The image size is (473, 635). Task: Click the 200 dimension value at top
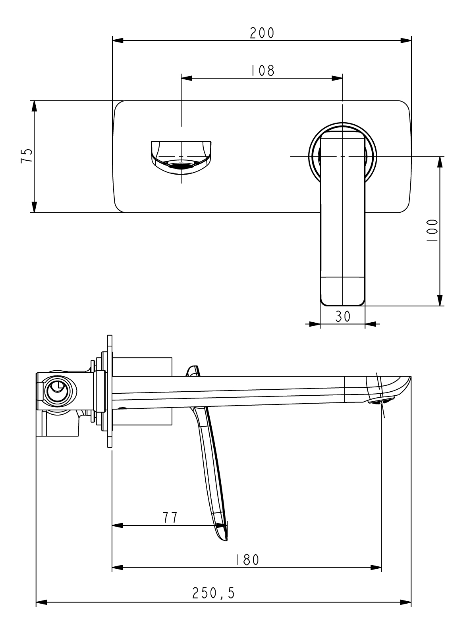[262, 33]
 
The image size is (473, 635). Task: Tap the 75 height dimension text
[26, 156]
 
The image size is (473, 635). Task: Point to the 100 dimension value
[432, 231]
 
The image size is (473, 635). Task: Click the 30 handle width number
[342, 316]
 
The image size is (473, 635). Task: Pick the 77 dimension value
[170, 517]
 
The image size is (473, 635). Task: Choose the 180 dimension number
[247, 560]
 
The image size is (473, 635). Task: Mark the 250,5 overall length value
[214, 593]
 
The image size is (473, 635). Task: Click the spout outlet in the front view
[181, 166]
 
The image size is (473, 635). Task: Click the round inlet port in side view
[58, 391]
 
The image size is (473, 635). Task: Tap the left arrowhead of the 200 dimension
[118, 40]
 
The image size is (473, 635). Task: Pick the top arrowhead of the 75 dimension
[34, 106]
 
